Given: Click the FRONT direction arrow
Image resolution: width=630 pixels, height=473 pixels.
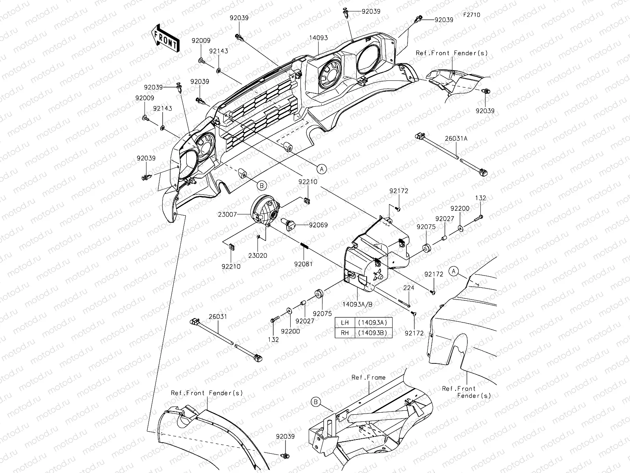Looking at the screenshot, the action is [x=165, y=39].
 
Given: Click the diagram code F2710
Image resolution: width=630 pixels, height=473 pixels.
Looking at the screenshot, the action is [x=472, y=15].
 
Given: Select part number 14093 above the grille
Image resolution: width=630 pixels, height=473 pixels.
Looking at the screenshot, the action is [x=318, y=38].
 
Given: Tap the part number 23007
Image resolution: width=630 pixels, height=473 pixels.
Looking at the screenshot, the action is [x=227, y=214].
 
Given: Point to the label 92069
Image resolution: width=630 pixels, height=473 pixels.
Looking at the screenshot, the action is [x=318, y=225].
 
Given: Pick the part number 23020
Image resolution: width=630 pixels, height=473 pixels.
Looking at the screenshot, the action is [x=258, y=255].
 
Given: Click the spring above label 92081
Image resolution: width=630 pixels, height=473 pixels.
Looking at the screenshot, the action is [x=304, y=246].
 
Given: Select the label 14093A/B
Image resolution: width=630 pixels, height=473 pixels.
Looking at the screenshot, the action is [x=358, y=304].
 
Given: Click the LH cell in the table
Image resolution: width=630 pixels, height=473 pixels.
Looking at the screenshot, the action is [x=345, y=322].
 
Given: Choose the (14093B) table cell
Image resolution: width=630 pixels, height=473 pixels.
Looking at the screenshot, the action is [x=373, y=333].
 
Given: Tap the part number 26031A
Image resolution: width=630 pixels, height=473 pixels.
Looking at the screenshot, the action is [x=456, y=138].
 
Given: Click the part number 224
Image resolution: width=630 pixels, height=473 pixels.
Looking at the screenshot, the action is [x=409, y=288].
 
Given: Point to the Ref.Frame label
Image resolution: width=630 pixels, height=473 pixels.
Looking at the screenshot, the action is [x=369, y=377].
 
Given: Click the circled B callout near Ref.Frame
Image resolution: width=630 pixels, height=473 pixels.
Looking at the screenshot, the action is [x=316, y=402].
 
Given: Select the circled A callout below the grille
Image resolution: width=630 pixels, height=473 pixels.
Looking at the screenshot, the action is [x=322, y=169].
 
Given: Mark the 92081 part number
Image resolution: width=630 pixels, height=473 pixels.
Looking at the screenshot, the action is [x=303, y=264].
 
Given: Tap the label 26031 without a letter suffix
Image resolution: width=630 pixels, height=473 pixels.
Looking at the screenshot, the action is [x=218, y=317].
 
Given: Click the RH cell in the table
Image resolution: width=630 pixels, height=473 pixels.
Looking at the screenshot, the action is [x=345, y=333].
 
